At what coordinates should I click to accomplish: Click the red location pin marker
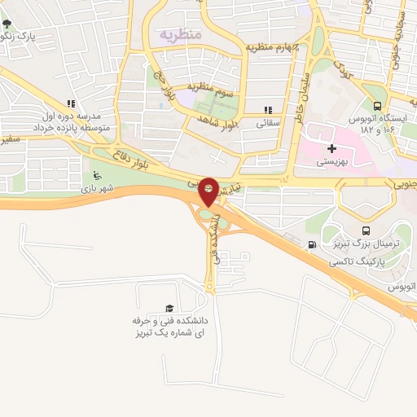pyautogui.click(x=208, y=191)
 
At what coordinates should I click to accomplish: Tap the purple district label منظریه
pyautogui.click(x=179, y=34)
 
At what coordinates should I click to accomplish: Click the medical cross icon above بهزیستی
pyautogui.click(x=331, y=148)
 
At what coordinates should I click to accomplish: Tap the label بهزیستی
pyautogui.click(x=331, y=162)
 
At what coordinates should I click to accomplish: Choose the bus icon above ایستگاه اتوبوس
pyautogui.click(x=376, y=105)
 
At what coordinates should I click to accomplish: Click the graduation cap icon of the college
pyautogui.click(x=169, y=308)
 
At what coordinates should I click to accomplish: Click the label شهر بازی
pyautogui.click(x=98, y=189)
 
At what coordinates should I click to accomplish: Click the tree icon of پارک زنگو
pyautogui.click(x=7, y=23)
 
